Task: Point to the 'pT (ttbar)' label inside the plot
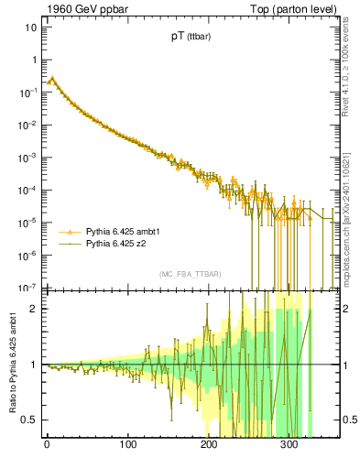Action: [183, 39]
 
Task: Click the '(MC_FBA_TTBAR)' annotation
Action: [191, 275]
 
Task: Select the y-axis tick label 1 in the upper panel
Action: [34, 60]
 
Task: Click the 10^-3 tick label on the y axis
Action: [28, 157]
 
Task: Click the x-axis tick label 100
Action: [127, 446]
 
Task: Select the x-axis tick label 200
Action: [208, 446]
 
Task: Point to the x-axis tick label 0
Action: [47, 446]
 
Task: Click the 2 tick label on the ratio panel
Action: [34, 309]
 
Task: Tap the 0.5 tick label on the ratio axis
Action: [30, 420]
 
